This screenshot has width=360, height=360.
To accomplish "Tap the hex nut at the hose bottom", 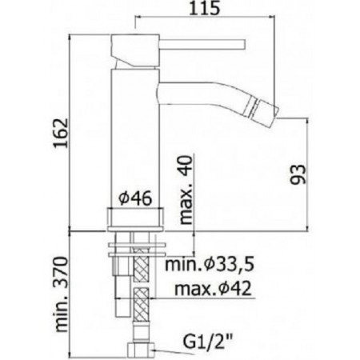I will click(139, 350).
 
